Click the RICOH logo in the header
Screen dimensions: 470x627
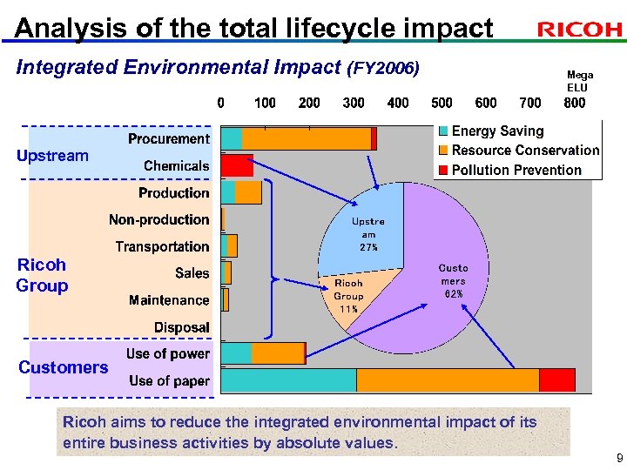[x=579, y=30]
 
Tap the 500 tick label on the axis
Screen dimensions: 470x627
[x=442, y=103]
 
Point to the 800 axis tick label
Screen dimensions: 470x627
[x=575, y=103]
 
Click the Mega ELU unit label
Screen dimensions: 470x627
[x=577, y=81]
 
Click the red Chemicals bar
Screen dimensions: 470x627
[x=237, y=165]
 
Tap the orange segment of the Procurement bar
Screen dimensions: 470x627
[x=306, y=138]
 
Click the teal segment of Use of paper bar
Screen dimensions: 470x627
[x=289, y=380]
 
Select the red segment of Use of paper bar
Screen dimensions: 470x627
[x=556, y=380]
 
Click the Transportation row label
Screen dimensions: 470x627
[x=162, y=247]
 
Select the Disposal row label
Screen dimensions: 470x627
[x=181, y=328]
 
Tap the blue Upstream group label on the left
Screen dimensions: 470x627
[x=52, y=156]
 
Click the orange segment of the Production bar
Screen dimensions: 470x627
[x=248, y=192]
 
